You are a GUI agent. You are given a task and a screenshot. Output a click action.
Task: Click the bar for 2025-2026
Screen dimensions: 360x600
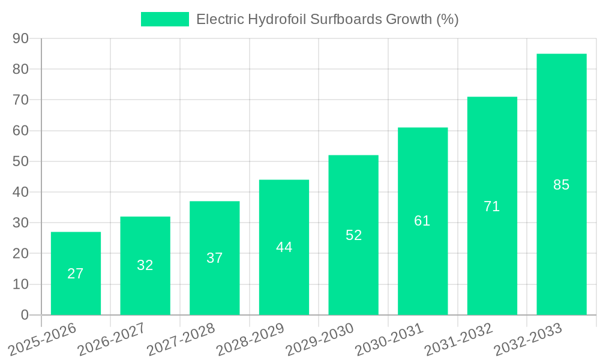(76, 273)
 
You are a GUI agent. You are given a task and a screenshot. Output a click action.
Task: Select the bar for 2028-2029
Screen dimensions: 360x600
(284, 247)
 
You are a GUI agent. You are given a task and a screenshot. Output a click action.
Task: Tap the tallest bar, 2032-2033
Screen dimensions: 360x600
(561, 184)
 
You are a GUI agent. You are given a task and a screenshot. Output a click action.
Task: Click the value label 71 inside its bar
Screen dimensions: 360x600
(491, 206)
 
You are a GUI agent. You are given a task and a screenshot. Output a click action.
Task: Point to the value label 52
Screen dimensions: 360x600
(353, 235)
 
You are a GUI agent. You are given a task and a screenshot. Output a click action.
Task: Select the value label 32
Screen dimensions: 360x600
(145, 265)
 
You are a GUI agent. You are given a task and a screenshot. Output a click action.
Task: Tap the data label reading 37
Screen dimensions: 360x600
(214, 258)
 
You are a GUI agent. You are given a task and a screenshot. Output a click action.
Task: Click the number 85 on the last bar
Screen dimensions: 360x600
(561, 185)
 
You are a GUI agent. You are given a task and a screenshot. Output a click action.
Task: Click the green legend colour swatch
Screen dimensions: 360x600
(164, 19)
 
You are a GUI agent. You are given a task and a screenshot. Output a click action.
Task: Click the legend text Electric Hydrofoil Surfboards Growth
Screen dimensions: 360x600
(327, 19)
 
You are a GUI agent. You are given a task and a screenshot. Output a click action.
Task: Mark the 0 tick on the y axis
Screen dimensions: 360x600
(25, 315)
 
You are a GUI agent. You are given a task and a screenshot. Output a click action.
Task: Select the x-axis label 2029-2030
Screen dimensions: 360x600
(319, 340)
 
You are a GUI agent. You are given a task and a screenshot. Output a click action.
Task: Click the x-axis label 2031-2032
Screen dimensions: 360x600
(458, 340)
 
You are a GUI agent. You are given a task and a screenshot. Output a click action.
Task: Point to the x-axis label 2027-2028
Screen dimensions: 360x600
(181, 340)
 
